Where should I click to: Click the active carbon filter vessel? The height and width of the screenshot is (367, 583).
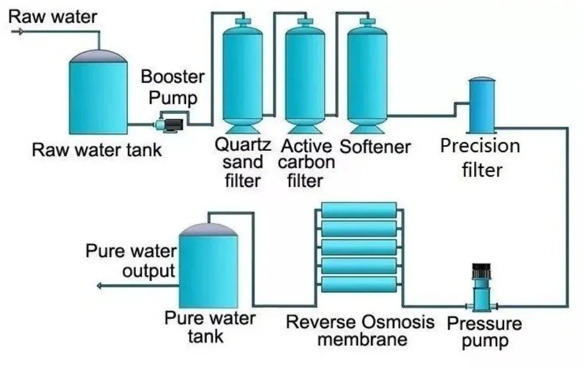(304, 75)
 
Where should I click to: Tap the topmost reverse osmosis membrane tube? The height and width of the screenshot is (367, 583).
(359, 210)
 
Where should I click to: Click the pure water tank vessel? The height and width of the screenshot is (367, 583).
(208, 270)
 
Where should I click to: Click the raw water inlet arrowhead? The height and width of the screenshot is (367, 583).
(21, 32)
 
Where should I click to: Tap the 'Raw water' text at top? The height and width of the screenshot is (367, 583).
(53, 15)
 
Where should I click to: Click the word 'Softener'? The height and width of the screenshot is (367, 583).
(375, 147)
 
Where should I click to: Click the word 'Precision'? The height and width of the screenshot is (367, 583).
(480, 146)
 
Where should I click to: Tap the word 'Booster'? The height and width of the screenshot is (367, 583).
(173, 76)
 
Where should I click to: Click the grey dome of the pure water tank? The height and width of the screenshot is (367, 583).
(208, 228)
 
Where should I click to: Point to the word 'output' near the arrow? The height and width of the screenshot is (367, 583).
(148, 270)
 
